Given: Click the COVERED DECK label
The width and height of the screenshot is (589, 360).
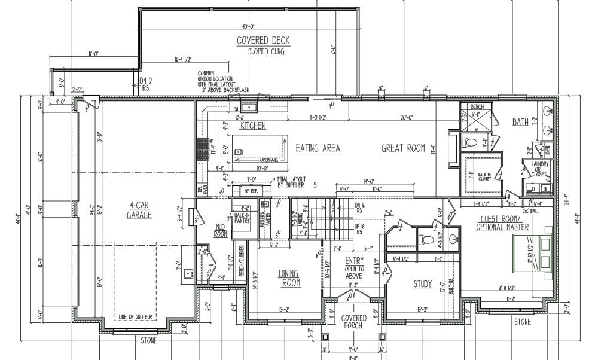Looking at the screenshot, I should tap(263, 41).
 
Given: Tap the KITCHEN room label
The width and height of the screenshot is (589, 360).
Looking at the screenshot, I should tap(252, 126).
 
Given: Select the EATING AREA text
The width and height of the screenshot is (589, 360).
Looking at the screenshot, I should tap(318, 148).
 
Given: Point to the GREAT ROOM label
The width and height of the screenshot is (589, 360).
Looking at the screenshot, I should tap(402, 148).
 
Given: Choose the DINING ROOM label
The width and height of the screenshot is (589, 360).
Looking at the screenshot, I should tap(289, 278).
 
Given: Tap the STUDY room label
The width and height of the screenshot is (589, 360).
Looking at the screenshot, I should tap(422, 284).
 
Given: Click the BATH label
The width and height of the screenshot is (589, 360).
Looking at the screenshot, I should tap(520, 123).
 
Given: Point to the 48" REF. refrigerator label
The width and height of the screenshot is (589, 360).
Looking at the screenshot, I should tap(249, 191).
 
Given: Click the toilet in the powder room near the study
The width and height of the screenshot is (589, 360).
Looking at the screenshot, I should tap(427, 240).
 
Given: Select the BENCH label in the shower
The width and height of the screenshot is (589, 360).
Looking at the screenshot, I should tap(476, 106).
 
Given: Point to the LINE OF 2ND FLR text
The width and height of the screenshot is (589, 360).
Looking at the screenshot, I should tap(134, 315).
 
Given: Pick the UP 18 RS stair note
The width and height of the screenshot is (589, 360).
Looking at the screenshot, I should tap(359, 230).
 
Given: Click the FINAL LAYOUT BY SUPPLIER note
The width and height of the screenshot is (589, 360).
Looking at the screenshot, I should tap(291, 182).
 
